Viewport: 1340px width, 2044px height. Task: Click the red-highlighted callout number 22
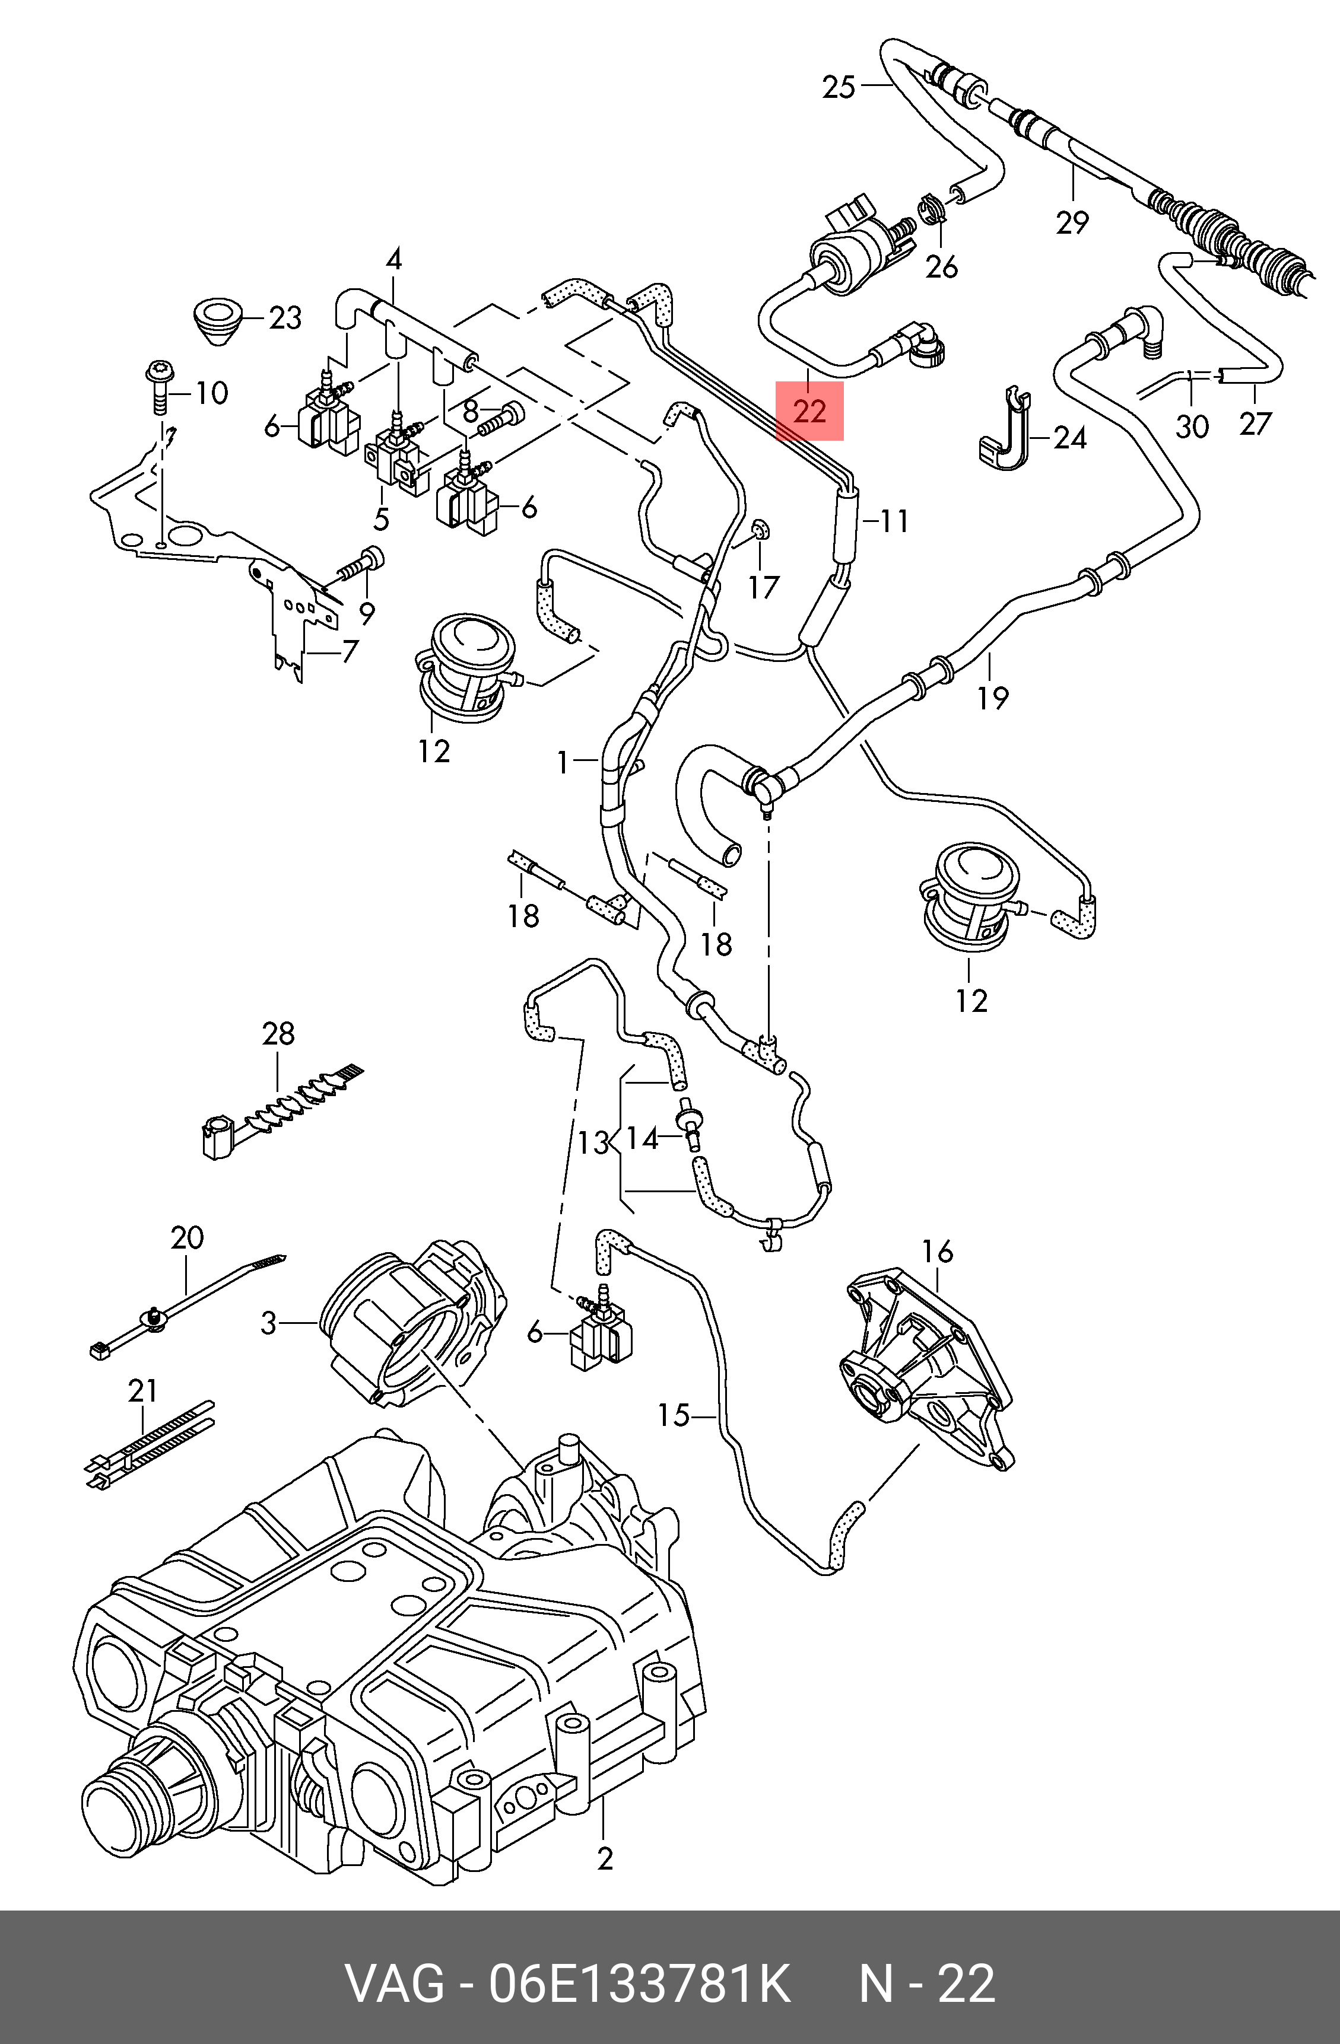point(809,412)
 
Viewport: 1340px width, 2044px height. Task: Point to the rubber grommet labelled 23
point(217,320)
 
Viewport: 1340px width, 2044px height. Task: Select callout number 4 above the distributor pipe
point(394,259)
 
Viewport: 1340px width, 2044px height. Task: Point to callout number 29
point(1072,222)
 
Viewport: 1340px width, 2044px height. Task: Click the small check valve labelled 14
point(689,1122)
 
